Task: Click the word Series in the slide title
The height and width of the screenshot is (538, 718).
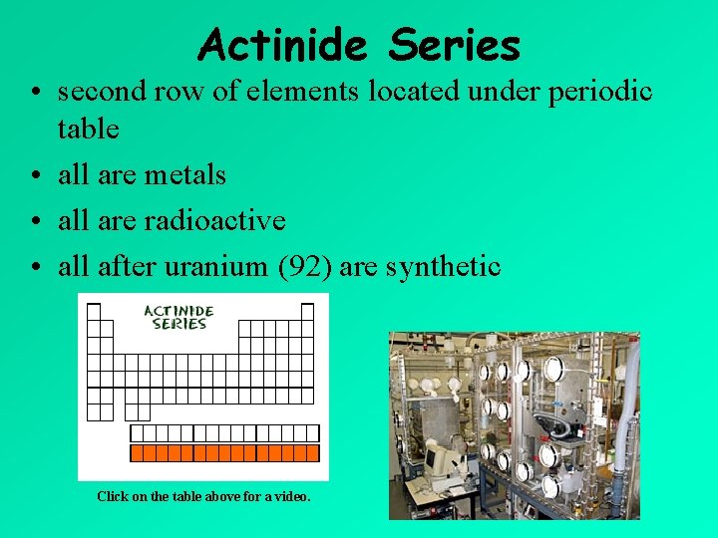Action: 455,45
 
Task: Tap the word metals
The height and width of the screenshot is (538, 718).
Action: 186,174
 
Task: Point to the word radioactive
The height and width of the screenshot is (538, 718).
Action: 214,220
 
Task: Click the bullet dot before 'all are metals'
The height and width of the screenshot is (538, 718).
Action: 36,176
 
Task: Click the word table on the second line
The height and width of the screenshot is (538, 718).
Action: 88,130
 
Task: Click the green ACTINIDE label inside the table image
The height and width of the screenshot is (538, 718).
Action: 179,311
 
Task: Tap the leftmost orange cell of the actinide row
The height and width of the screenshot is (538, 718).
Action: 138,453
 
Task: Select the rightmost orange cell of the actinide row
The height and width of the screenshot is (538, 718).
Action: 312,453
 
